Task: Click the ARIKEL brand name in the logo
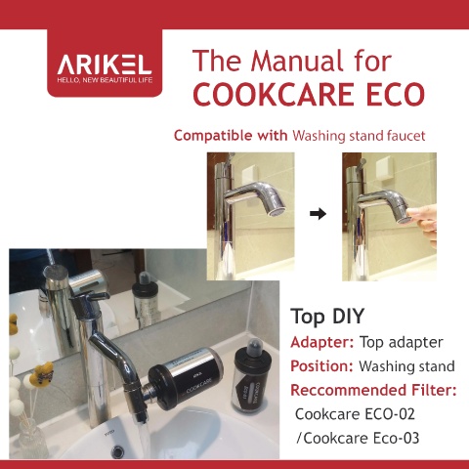pos(105,64)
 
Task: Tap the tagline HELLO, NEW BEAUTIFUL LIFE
pos(105,80)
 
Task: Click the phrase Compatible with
pos(231,136)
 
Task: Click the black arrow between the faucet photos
pos(318,214)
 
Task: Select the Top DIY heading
pos(327,316)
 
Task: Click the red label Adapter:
pos(321,342)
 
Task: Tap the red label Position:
pos(321,366)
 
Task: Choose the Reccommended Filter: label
pos(373,390)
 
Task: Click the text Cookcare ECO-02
pos(355,414)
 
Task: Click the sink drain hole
pos(118,450)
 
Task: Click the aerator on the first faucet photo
pos(277,212)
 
